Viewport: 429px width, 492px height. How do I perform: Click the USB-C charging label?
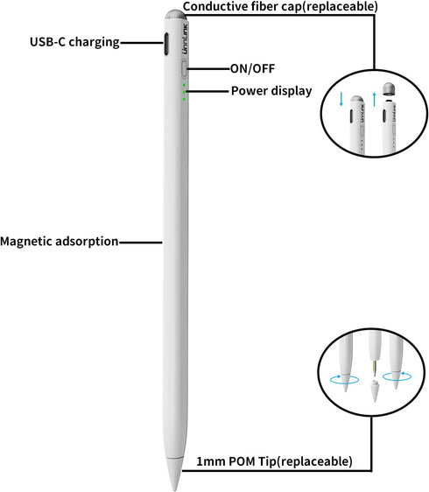pyautogui.click(x=74, y=42)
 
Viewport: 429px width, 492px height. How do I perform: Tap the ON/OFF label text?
pyautogui.click(x=252, y=68)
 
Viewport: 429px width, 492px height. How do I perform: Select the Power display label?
pyautogui.click(x=271, y=91)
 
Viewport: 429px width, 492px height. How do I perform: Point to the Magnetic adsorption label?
pyautogui.click(x=60, y=242)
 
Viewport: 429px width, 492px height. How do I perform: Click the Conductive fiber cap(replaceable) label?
pyautogui.click(x=280, y=7)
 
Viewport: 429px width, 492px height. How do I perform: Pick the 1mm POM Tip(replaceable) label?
pyautogui.click(x=274, y=461)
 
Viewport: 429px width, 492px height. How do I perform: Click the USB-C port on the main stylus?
pyautogui.click(x=166, y=44)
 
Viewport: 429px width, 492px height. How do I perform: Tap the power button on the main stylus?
pyautogui.click(x=184, y=68)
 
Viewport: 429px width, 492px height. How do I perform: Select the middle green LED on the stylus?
pyautogui.click(x=184, y=92)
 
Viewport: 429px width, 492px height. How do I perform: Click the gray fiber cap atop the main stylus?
pyautogui.click(x=175, y=16)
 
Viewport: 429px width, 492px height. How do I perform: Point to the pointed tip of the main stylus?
pyautogui.click(x=174, y=489)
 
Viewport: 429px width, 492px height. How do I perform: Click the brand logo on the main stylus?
pyautogui.click(x=185, y=39)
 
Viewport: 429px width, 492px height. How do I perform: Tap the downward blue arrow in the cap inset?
pyautogui.click(x=341, y=99)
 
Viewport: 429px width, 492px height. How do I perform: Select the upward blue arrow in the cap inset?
pyautogui.click(x=374, y=100)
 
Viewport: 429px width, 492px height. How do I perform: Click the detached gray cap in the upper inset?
pyautogui.click(x=389, y=89)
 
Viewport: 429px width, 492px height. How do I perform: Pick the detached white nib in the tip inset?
pyautogui.click(x=375, y=391)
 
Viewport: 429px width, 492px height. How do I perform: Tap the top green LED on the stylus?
pyautogui.click(x=184, y=85)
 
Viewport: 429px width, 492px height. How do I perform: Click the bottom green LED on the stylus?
pyautogui.click(x=184, y=99)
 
